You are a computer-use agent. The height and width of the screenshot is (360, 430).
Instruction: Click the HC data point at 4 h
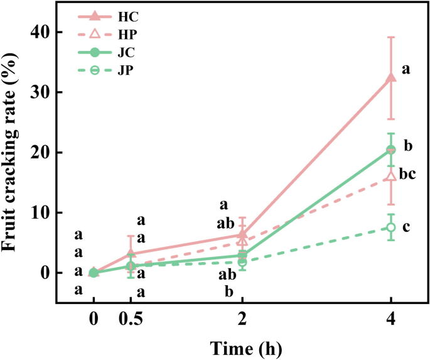[391, 77]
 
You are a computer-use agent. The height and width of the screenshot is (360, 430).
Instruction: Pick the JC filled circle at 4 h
[391, 150]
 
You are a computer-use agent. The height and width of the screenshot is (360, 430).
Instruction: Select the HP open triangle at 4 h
[391, 176]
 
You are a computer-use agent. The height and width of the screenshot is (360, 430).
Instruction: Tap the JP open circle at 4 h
[391, 227]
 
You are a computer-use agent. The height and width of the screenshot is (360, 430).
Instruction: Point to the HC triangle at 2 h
[242, 234]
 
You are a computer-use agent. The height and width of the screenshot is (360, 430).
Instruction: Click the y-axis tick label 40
[41, 32]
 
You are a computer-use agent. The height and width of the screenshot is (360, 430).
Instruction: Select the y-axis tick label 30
[41, 92]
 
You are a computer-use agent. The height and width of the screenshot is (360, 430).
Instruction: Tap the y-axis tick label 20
[41, 153]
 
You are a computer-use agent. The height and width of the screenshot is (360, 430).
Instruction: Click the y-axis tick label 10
[41, 213]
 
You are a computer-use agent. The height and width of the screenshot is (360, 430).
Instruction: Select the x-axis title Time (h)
[242, 346]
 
